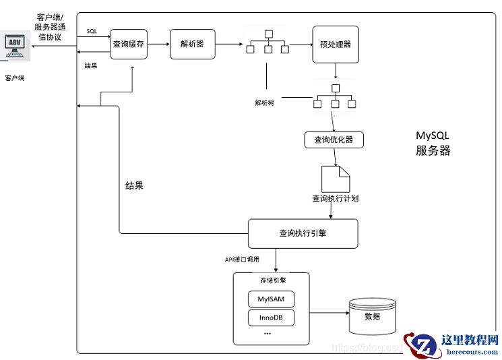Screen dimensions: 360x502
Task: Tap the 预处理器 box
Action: pos(335,44)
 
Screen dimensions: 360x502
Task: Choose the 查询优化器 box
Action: pos(334,140)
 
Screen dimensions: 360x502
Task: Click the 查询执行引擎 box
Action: pos(303,233)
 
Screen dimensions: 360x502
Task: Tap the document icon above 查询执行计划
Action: pos(335,178)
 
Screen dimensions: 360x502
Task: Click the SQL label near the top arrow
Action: pos(92,32)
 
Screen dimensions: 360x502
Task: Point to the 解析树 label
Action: pos(264,102)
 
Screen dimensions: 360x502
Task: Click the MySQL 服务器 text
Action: pos(433,144)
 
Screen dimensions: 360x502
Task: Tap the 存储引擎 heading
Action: pos(270,280)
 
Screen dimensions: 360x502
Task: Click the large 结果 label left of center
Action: pos(134,185)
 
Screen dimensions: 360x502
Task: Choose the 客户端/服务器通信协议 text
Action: pos(50,26)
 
